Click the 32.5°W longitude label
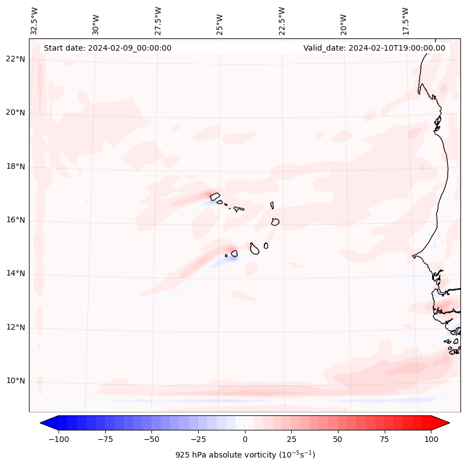pyautogui.click(x=35, y=21)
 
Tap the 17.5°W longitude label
pyautogui.click(x=405, y=21)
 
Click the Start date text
pyautogui.click(x=107, y=48)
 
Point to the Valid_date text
pyautogui.click(x=374, y=48)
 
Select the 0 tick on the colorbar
pyautogui.click(x=245, y=439)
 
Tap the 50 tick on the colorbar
pyautogui.click(x=338, y=439)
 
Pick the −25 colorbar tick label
pyautogui.click(x=198, y=439)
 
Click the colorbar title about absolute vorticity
pyautogui.click(x=245, y=455)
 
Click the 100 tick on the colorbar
pyautogui.click(x=431, y=439)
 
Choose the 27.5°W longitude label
pyautogui.click(x=158, y=21)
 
